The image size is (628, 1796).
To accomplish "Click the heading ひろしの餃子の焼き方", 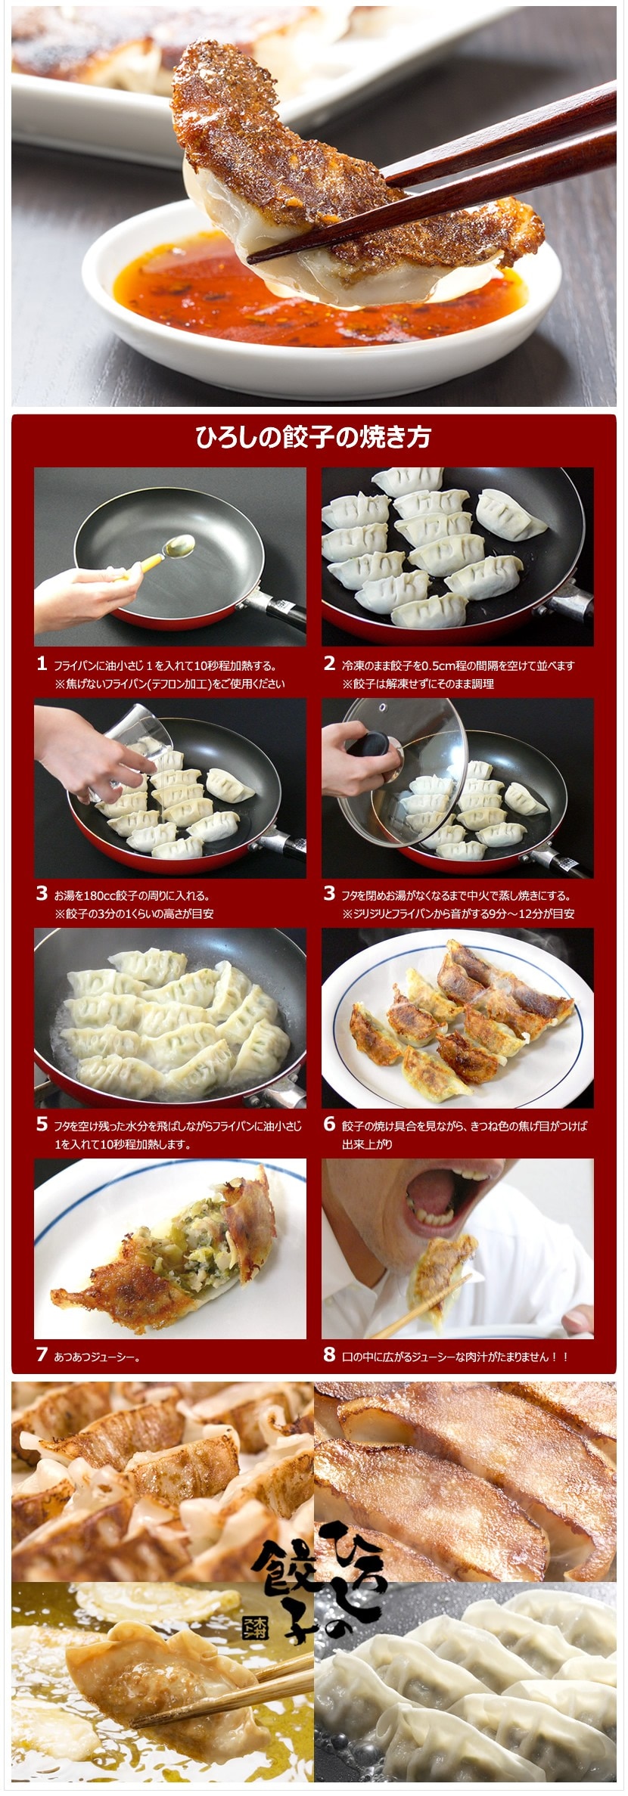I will tap(313, 438).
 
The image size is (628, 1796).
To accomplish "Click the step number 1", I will tap(42, 664).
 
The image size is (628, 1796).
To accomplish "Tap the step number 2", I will tap(329, 664).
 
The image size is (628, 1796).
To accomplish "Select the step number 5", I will tap(42, 1124).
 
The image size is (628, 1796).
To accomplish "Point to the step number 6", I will tap(329, 1124).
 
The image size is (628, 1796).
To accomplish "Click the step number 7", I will tap(42, 1354).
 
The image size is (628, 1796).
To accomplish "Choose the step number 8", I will tap(329, 1354).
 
